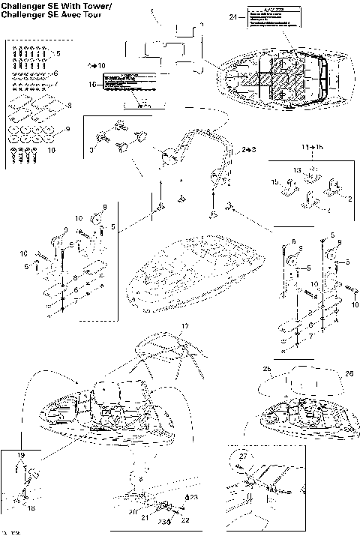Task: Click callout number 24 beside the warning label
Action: tap(232, 16)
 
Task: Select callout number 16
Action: tap(93, 85)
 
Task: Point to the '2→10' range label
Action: tap(97, 66)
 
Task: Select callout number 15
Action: tap(274, 182)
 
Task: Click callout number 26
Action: tap(328, 373)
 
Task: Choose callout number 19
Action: tap(21, 456)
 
